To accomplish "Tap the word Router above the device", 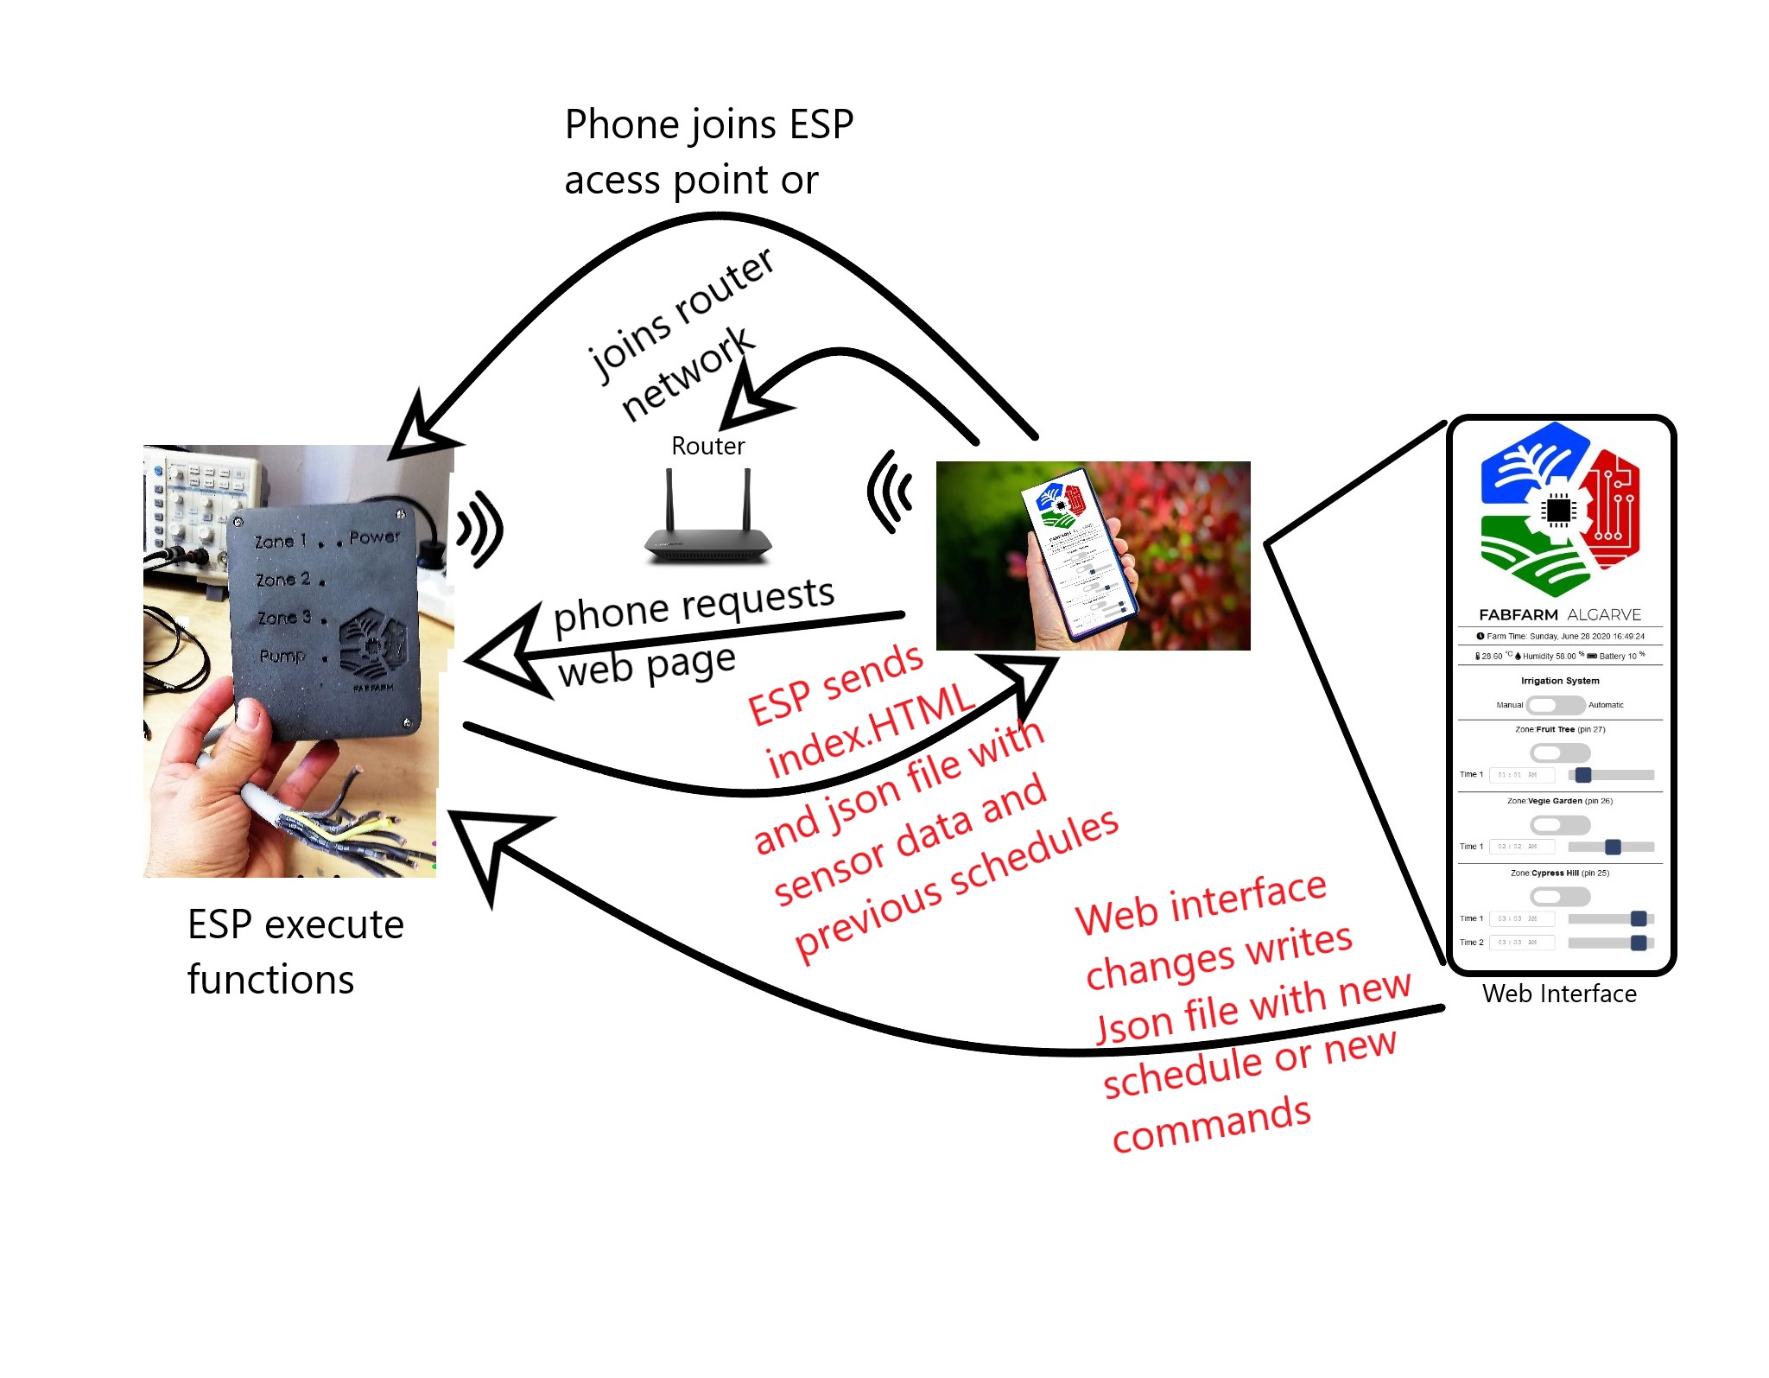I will pyautogui.click(x=707, y=446).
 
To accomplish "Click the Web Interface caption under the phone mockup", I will pyautogui.click(x=1559, y=994).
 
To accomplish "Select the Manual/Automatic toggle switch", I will pyautogui.click(x=1556, y=705).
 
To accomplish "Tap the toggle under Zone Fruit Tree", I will pyautogui.click(x=1559, y=753).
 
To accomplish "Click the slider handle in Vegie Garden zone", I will pyautogui.click(x=1612, y=847).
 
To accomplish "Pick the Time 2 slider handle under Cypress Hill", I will pyautogui.click(x=1638, y=943).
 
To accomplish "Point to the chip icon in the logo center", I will pyautogui.click(x=1558, y=510).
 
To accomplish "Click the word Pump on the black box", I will pyautogui.click(x=282, y=657).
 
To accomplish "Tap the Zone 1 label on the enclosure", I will pyautogui.click(x=280, y=542).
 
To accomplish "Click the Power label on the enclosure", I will pyautogui.click(x=374, y=537).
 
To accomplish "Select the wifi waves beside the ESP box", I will pyautogui.click(x=480, y=529).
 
